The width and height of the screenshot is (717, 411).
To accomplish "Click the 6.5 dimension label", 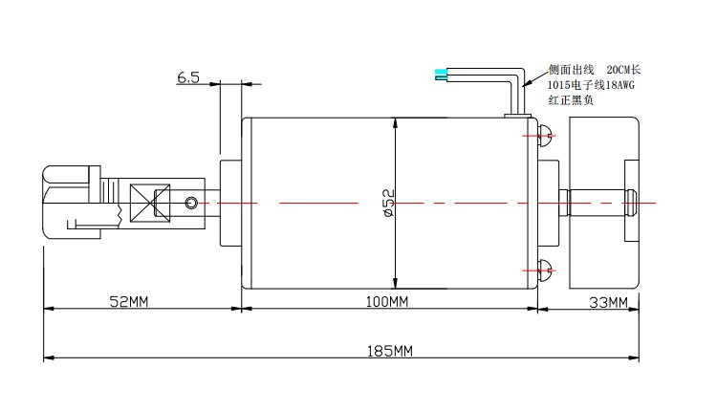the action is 188,77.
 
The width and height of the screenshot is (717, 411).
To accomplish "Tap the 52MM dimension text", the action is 129,301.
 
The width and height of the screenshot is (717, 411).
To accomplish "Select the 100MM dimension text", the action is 387,301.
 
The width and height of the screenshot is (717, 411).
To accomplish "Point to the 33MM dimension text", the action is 608,302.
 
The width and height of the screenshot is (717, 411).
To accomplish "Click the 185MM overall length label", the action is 390,351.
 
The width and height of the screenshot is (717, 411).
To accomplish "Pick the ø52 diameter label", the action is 388,203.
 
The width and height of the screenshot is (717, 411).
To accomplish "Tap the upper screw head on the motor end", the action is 546,136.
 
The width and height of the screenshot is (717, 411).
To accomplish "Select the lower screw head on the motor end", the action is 546,270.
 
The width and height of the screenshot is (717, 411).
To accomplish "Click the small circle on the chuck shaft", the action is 191,203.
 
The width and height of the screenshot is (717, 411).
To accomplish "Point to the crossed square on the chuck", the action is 150,204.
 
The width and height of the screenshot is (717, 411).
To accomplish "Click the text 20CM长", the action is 623,70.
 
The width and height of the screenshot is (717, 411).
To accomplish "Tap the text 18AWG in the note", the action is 620,84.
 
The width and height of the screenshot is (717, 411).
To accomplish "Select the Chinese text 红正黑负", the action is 571,99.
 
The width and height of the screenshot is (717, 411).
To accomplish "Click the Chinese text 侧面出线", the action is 571,70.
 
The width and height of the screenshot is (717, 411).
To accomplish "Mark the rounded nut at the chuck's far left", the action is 64,203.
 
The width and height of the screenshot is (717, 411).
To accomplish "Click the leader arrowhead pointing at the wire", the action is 527,83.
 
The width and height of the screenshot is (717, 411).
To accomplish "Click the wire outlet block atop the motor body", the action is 517,116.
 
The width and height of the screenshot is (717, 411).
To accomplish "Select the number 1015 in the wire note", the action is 559,84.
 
